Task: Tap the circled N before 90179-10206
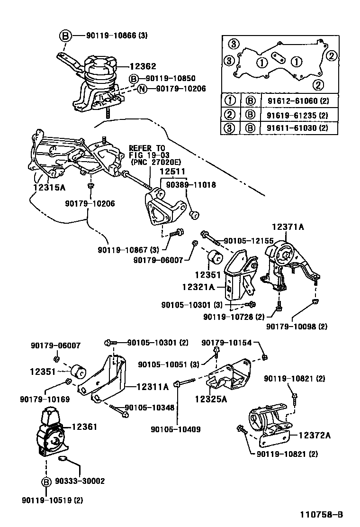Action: click(x=142, y=88)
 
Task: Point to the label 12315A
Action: click(x=49, y=187)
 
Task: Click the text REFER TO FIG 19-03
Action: click(x=147, y=152)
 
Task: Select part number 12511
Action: click(x=172, y=171)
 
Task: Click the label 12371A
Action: click(x=288, y=227)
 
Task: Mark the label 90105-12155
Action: click(x=248, y=241)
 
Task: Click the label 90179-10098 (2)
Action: click(x=297, y=326)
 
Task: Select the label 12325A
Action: click(x=210, y=399)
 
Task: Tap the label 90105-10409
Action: click(x=175, y=429)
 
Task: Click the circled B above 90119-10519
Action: click(x=46, y=482)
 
